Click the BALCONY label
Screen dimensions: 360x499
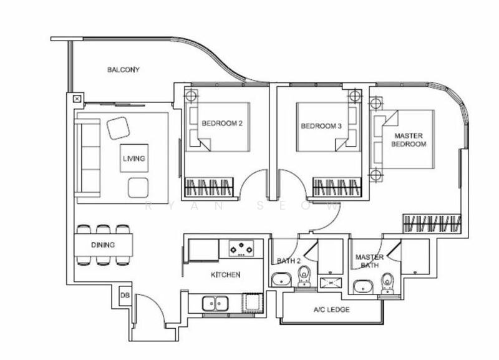pyautogui.click(x=123, y=70)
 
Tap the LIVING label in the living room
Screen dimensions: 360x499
pyautogui.click(x=133, y=159)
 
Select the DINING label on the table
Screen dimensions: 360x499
pyautogui.click(x=103, y=245)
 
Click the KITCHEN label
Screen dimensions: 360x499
pyautogui.click(x=225, y=275)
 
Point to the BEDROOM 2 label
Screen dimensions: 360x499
pyautogui.click(x=221, y=124)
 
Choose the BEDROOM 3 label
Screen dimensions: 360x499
pyautogui.click(x=321, y=125)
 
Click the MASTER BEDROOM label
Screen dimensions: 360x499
pyautogui.click(x=409, y=139)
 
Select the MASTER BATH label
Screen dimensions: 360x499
pyautogui.click(x=369, y=261)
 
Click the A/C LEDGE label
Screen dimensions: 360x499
pyautogui.click(x=331, y=309)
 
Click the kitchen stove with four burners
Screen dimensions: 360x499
pyautogui.click(x=243, y=248)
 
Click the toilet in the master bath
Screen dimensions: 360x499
pyautogui.click(x=387, y=282)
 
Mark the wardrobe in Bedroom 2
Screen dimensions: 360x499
pyautogui.click(x=210, y=187)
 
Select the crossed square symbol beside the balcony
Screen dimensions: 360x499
pyautogui.click(x=77, y=99)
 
